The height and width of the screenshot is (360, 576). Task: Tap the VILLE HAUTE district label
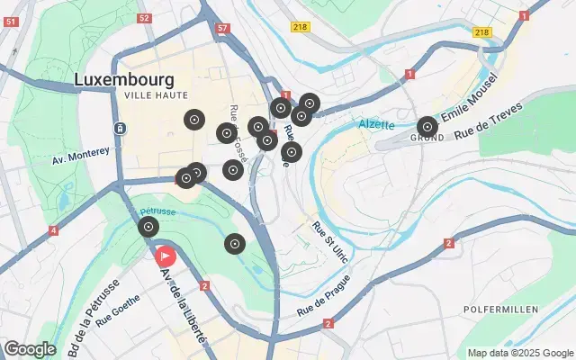tap(157, 94)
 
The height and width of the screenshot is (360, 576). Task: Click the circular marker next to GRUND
tap(427, 127)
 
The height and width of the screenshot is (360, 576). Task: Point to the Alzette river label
tap(376, 123)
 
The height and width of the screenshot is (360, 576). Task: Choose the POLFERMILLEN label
tap(500, 310)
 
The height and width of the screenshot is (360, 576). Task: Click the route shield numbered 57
tap(222, 28)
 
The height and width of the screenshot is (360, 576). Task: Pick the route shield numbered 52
tap(145, 18)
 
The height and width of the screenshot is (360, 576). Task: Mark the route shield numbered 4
tap(54, 231)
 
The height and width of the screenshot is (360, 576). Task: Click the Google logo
tap(30, 348)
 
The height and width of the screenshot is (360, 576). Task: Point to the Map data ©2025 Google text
tap(519, 353)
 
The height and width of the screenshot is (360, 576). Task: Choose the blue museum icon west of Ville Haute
tap(120, 129)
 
